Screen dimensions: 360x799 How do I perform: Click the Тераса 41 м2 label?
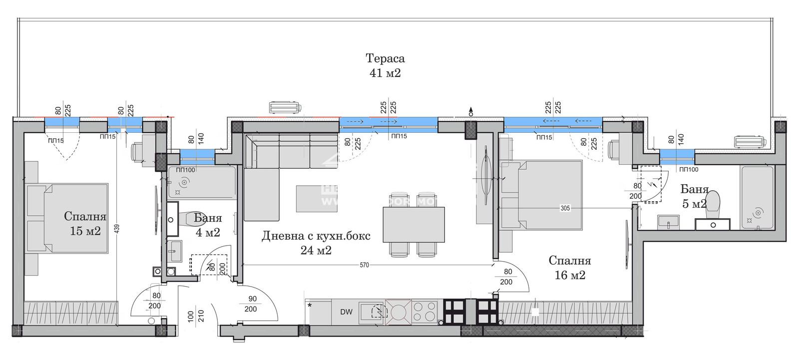(385, 65)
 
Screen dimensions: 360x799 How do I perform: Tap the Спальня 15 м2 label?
(85, 223)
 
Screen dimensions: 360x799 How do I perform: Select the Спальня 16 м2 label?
(569, 268)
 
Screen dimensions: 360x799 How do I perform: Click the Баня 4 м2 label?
(207, 225)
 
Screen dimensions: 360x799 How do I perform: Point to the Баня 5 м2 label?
(694, 196)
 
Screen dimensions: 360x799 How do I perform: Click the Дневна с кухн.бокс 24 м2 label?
(316, 243)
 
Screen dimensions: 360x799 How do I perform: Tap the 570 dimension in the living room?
(364, 265)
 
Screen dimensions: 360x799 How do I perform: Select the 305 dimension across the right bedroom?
(565, 208)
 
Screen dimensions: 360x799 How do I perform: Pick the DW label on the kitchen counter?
(346, 312)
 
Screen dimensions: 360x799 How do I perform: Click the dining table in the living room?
(413, 224)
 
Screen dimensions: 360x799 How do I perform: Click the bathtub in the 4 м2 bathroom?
(202, 183)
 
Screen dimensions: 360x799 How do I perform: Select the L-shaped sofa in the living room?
(270, 170)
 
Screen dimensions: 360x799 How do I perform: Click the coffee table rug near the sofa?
(313, 198)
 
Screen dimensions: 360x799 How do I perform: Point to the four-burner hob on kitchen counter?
(423, 312)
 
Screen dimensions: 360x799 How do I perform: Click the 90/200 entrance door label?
(252, 304)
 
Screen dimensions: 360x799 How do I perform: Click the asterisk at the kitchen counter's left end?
(310, 305)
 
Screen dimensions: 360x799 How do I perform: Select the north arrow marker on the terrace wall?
(470, 112)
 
